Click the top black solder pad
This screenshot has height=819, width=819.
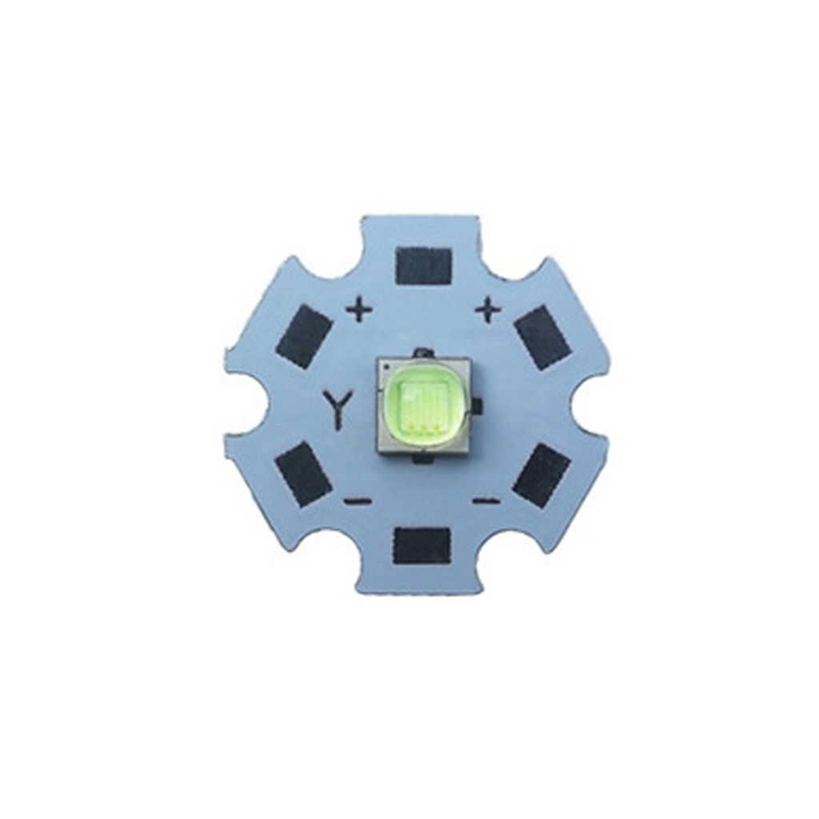point(424,266)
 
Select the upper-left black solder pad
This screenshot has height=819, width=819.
point(303,335)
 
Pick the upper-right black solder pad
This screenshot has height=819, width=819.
point(542,337)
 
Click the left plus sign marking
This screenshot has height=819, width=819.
point(360,311)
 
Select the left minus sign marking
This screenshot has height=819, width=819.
point(358,501)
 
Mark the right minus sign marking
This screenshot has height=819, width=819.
point(486,501)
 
